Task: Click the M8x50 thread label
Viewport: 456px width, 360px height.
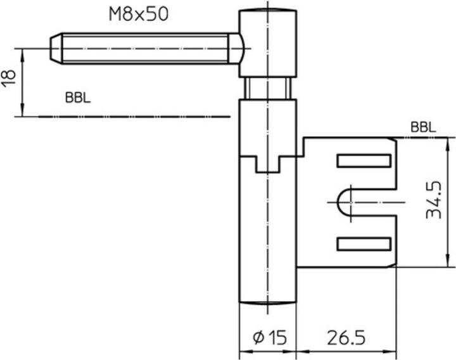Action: (138, 13)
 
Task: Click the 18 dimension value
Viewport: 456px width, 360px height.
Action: (8, 78)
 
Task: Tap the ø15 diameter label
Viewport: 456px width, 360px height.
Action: (269, 337)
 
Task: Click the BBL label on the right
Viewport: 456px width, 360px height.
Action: (422, 127)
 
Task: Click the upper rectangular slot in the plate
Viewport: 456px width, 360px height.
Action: (363, 160)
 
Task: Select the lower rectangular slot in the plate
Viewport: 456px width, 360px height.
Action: (363, 243)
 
